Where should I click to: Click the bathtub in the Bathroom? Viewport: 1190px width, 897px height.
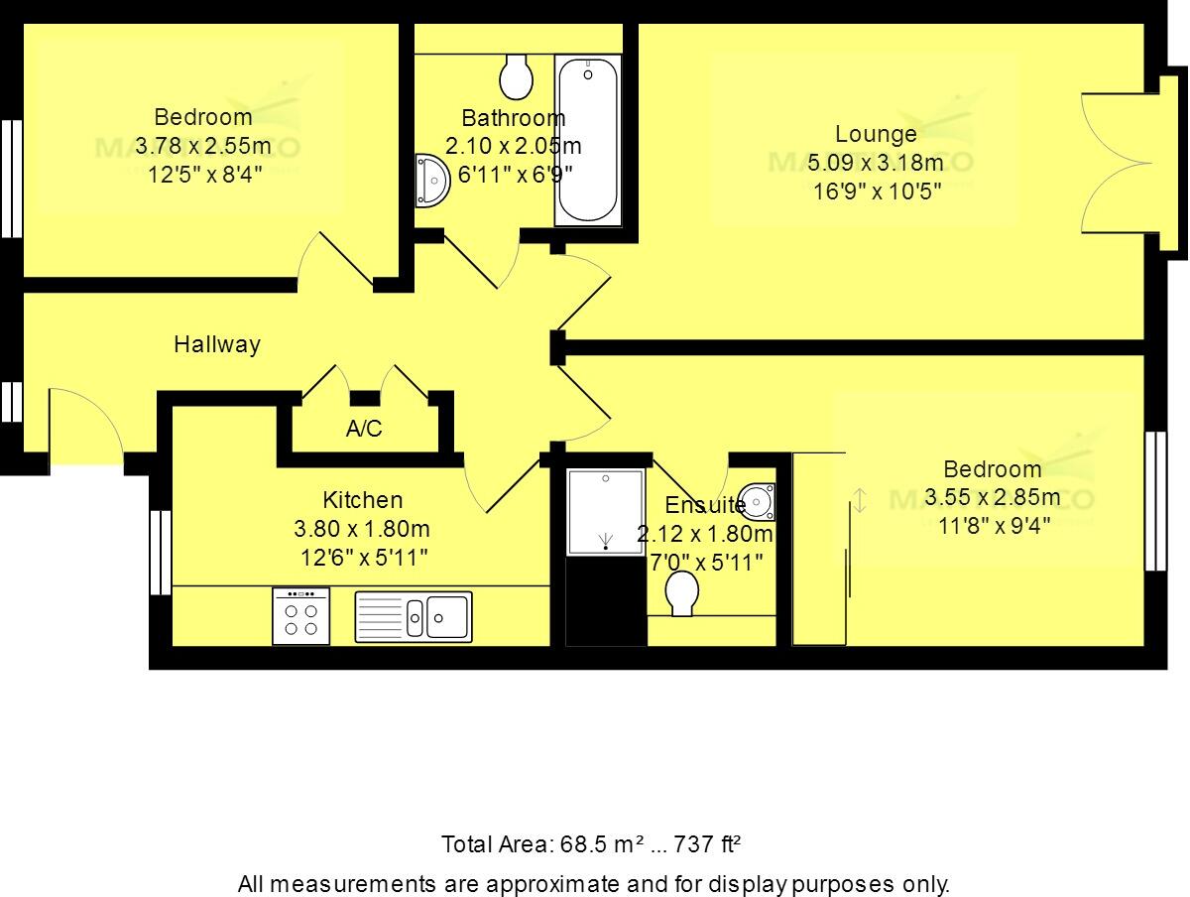click(588, 140)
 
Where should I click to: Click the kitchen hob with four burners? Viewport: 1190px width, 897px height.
click(301, 616)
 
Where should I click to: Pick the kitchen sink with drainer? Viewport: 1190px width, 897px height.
click(414, 616)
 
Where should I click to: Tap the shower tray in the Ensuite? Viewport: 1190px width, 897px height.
click(605, 512)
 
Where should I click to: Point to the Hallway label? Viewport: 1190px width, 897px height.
click(217, 344)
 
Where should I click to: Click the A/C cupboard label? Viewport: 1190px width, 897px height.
click(364, 430)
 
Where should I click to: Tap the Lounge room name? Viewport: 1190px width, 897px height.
click(876, 134)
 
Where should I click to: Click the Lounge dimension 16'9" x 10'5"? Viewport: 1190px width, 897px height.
click(876, 192)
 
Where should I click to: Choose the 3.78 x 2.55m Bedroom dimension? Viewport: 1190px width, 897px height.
click(203, 146)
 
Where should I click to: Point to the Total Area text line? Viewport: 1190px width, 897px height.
click(592, 845)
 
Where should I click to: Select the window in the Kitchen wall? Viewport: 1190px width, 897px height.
click(160, 552)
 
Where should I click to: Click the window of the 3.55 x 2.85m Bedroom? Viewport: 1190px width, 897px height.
click(1156, 501)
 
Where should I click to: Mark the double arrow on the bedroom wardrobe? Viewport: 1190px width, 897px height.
click(860, 501)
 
